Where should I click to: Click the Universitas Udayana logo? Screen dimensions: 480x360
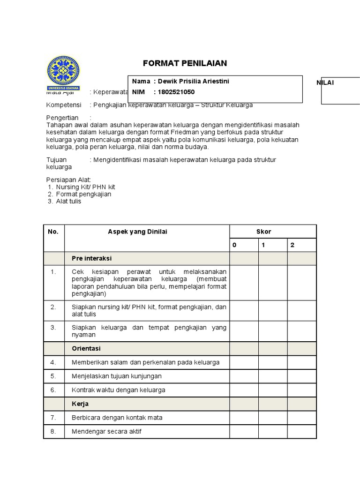[x=63, y=73]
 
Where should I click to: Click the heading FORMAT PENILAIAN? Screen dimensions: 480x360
[x=185, y=63]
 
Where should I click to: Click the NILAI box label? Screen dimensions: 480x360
[x=325, y=82]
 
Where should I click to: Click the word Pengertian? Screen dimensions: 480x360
[x=62, y=118]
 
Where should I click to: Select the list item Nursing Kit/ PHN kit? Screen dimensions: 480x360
[x=85, y=187]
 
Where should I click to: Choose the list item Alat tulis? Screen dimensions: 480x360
[x=68, y=201]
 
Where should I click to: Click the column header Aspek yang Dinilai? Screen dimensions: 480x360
[x=137, y=232]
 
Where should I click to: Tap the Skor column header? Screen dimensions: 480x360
[x=263, y=232]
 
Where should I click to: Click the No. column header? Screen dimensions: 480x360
[x=53, y=232]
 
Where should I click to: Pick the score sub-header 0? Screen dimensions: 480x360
[x=234, y=245]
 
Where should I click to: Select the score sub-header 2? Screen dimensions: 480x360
[x=292, y=245]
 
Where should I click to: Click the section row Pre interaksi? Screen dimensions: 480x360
[x=91, y=258]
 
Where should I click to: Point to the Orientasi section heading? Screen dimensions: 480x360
[x=86, y=349]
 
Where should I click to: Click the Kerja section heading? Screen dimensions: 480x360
[x=80, y=404]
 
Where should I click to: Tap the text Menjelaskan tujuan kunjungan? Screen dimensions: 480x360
[x=117, y=376]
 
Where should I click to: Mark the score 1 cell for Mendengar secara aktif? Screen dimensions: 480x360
[x=272, y=431]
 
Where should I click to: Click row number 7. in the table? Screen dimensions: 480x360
[x=53, y=418]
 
